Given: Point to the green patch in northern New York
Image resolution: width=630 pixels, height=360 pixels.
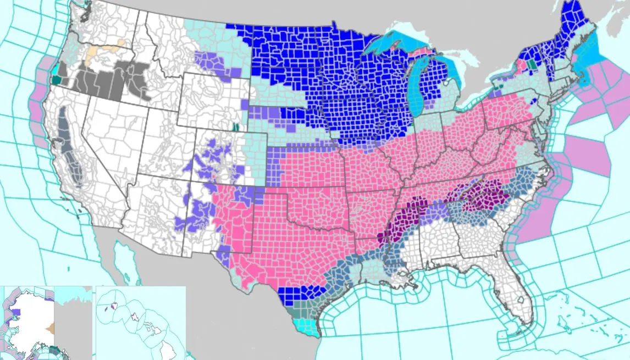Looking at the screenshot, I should tap(531, 64).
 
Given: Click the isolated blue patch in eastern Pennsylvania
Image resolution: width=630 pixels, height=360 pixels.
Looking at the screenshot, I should tap(532, 101).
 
